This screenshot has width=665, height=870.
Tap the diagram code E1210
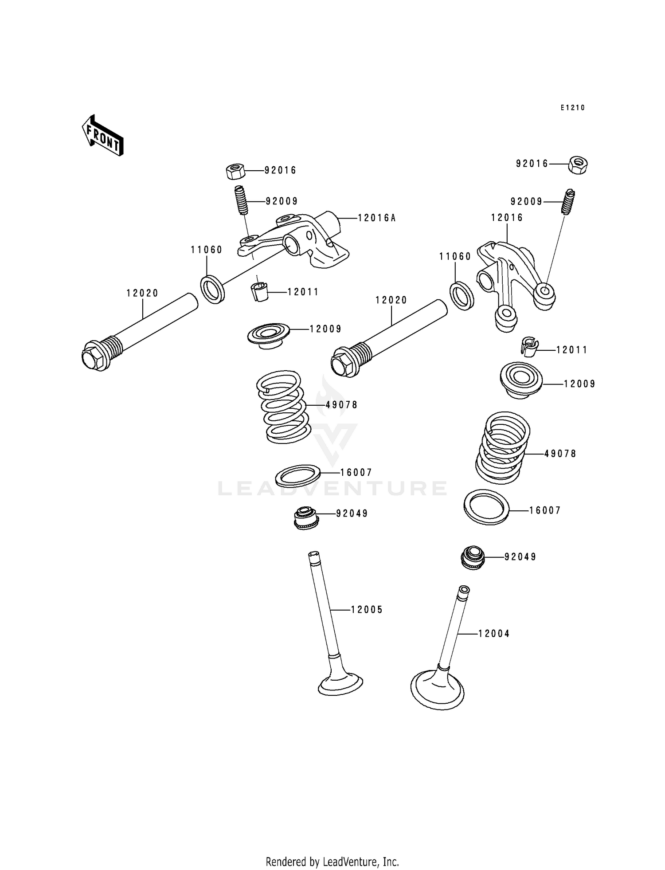[572, 108]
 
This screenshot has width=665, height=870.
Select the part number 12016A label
[376, 218]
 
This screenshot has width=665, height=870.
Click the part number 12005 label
[367, 610]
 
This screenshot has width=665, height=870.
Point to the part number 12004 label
[494, 634]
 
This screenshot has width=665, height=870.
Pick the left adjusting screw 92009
[240, 200]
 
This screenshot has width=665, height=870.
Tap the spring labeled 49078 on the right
[502, 448]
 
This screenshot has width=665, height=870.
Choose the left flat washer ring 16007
[298, 475]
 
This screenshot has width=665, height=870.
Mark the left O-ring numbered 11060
[212, 289]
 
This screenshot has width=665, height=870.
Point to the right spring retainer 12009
[521, 380]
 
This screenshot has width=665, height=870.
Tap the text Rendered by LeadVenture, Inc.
[332, 862]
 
